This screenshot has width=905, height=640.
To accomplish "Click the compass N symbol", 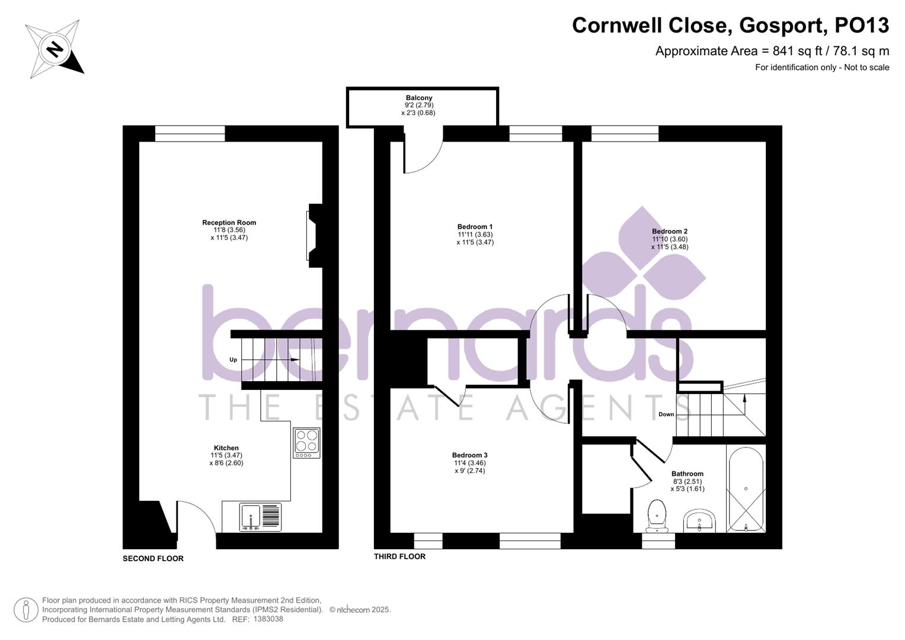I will tap(55, 49).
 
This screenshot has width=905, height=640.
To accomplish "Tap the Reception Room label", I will tap(229, 223).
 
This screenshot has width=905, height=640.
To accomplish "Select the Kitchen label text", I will tap(226, 448).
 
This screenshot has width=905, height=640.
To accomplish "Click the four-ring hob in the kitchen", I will tap(306, 442).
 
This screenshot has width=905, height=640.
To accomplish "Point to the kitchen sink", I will tap(251, 517).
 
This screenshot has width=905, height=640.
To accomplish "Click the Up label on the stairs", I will tap(234, 360).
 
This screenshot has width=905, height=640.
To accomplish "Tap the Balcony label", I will tap(419, 98).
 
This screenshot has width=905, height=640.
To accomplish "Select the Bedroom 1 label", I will tap(475, 226).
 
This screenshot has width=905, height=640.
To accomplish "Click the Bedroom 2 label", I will tap(670, 232).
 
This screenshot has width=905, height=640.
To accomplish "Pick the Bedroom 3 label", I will tap(469, 455).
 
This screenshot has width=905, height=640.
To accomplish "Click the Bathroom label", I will tap(687, 473).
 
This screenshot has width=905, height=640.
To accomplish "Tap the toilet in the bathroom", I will tap(657, 515).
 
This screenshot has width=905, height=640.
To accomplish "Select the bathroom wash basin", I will tap(700, 521).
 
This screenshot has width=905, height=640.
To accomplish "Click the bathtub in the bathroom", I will tap(746, 489).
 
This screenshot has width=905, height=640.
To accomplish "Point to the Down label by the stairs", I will tap(666, 414).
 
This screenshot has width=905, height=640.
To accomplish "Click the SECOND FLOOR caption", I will tap(153, 558).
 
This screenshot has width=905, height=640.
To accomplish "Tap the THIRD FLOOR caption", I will tap(399, 556).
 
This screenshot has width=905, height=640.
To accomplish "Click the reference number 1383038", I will tap(268, 619).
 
